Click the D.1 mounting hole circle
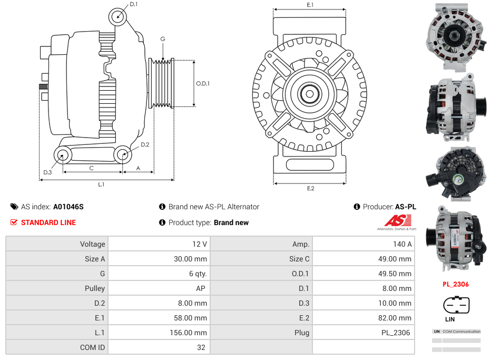(118, 16)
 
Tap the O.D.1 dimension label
(203, 83)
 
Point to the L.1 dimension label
(101, 184)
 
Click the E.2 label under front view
(310, 189)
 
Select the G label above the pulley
(163, 39)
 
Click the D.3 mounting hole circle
(63, 155)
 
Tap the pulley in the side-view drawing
(161, 83)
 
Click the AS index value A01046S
(68, 207)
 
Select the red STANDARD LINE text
(48, 222)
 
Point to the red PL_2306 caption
(455, 284)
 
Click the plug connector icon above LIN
(456, 305)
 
